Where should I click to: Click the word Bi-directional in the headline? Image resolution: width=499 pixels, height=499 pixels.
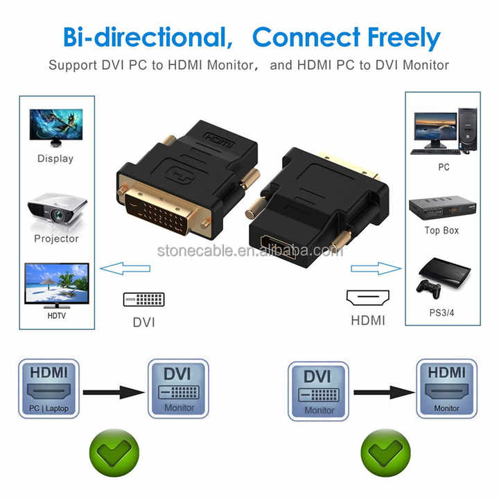pos(148,37)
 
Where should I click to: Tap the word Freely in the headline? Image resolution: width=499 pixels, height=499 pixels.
pos(404,38)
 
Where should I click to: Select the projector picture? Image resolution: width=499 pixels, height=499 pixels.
pos(57,209)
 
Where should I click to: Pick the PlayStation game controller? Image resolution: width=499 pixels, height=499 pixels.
pos(429,289)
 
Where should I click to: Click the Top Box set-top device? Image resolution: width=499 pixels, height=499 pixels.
pos(442,207)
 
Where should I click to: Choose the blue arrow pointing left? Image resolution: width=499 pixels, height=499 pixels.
pos(125,268)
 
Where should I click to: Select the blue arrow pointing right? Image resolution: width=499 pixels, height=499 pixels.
pos(376,268)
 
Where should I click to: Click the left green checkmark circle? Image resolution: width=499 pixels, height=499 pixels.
pos(114,452)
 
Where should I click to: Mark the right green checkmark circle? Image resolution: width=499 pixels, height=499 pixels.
pos(385,452)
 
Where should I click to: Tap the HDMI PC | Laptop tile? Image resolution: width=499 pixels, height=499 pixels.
pos(49,389)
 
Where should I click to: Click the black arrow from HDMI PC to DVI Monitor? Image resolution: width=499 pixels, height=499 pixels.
pos(114,392)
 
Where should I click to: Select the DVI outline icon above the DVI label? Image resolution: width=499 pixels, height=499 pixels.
pos(144,299)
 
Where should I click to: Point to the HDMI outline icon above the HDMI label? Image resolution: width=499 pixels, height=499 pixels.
pos(368,298)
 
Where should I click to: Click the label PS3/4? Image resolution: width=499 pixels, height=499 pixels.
pos(441,313)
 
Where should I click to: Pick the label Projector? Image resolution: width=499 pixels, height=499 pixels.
pos(56,238)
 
